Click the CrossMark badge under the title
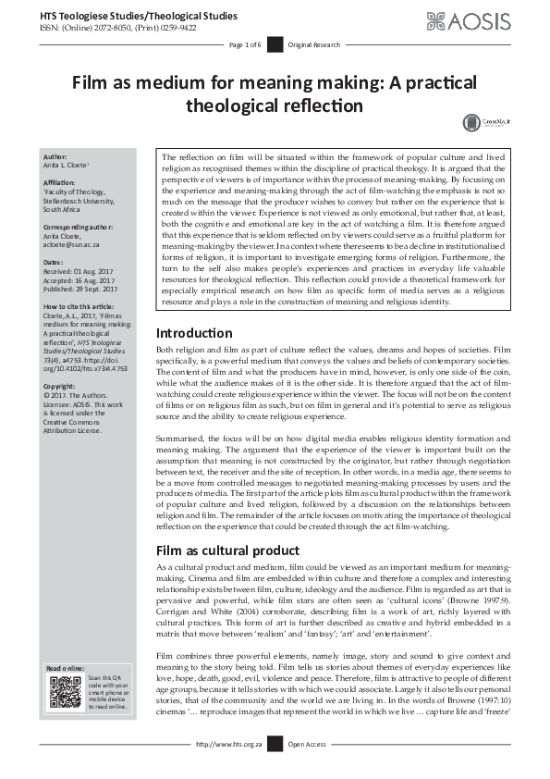(480, 121)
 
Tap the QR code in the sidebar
(65, 692)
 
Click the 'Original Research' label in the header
(315, 44)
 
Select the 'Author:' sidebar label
(56, 157)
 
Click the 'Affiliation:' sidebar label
(62, 183)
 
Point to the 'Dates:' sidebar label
(55, 262)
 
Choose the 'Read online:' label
(66, 667)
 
